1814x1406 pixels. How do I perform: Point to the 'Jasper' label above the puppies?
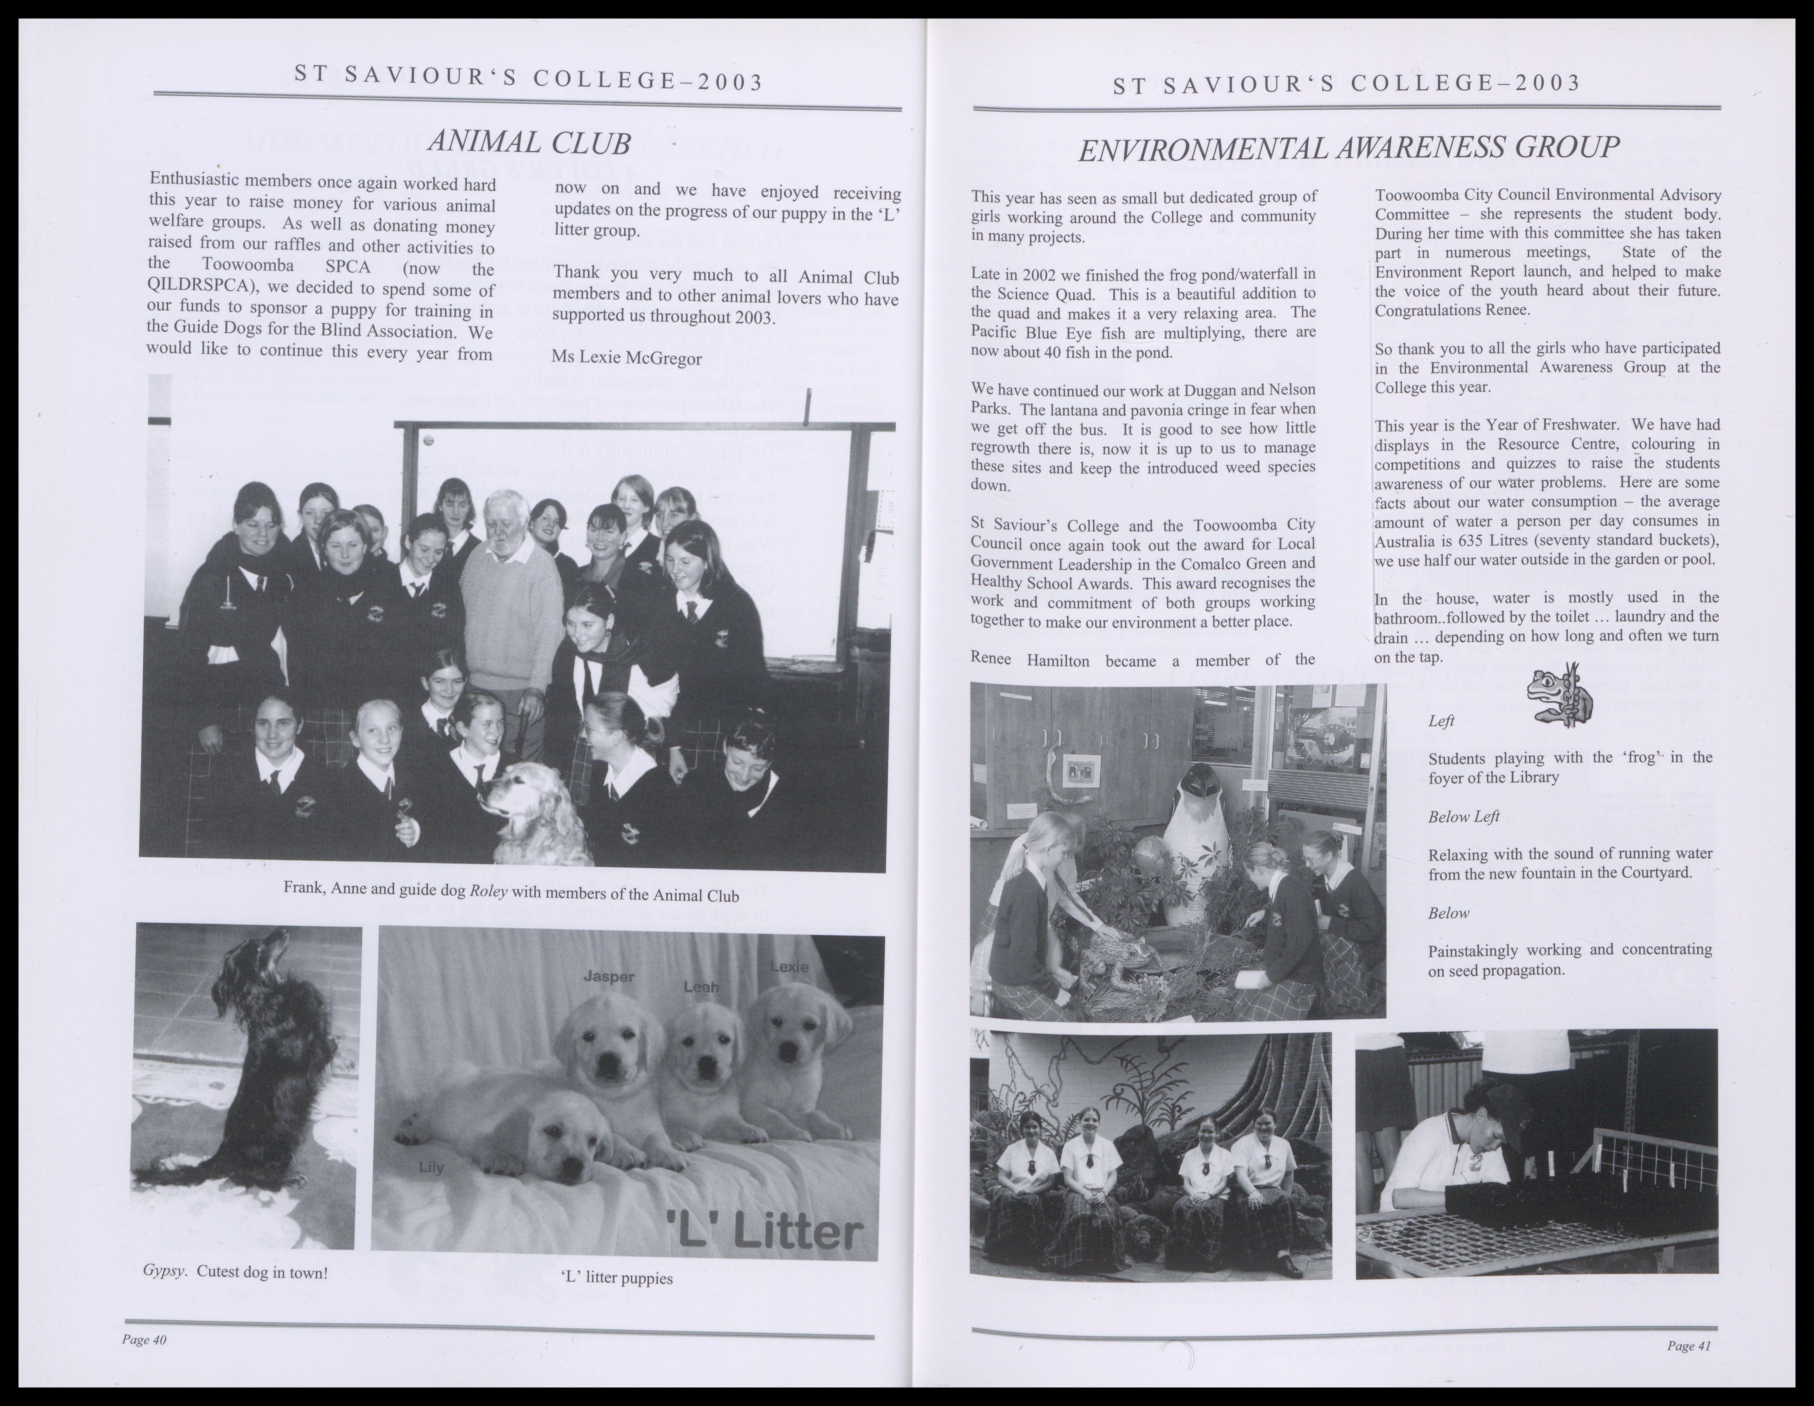point(609,977)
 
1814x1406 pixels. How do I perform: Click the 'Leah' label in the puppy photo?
point(700,987)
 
